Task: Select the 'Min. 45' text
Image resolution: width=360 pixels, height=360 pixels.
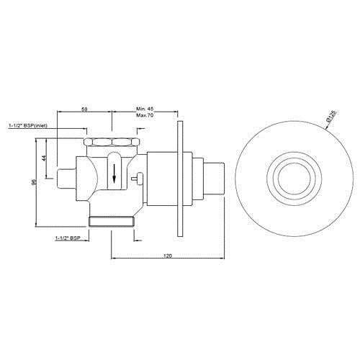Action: (x=145, y=108)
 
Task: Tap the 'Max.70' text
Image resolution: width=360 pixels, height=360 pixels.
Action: (x=145, y=116)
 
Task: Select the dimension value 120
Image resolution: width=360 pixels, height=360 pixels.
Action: (x=167, y=255)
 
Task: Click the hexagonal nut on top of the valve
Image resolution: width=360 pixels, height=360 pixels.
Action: (x=111, y=142)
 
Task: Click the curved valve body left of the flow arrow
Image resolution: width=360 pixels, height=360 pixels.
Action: (x=92, y=176)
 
